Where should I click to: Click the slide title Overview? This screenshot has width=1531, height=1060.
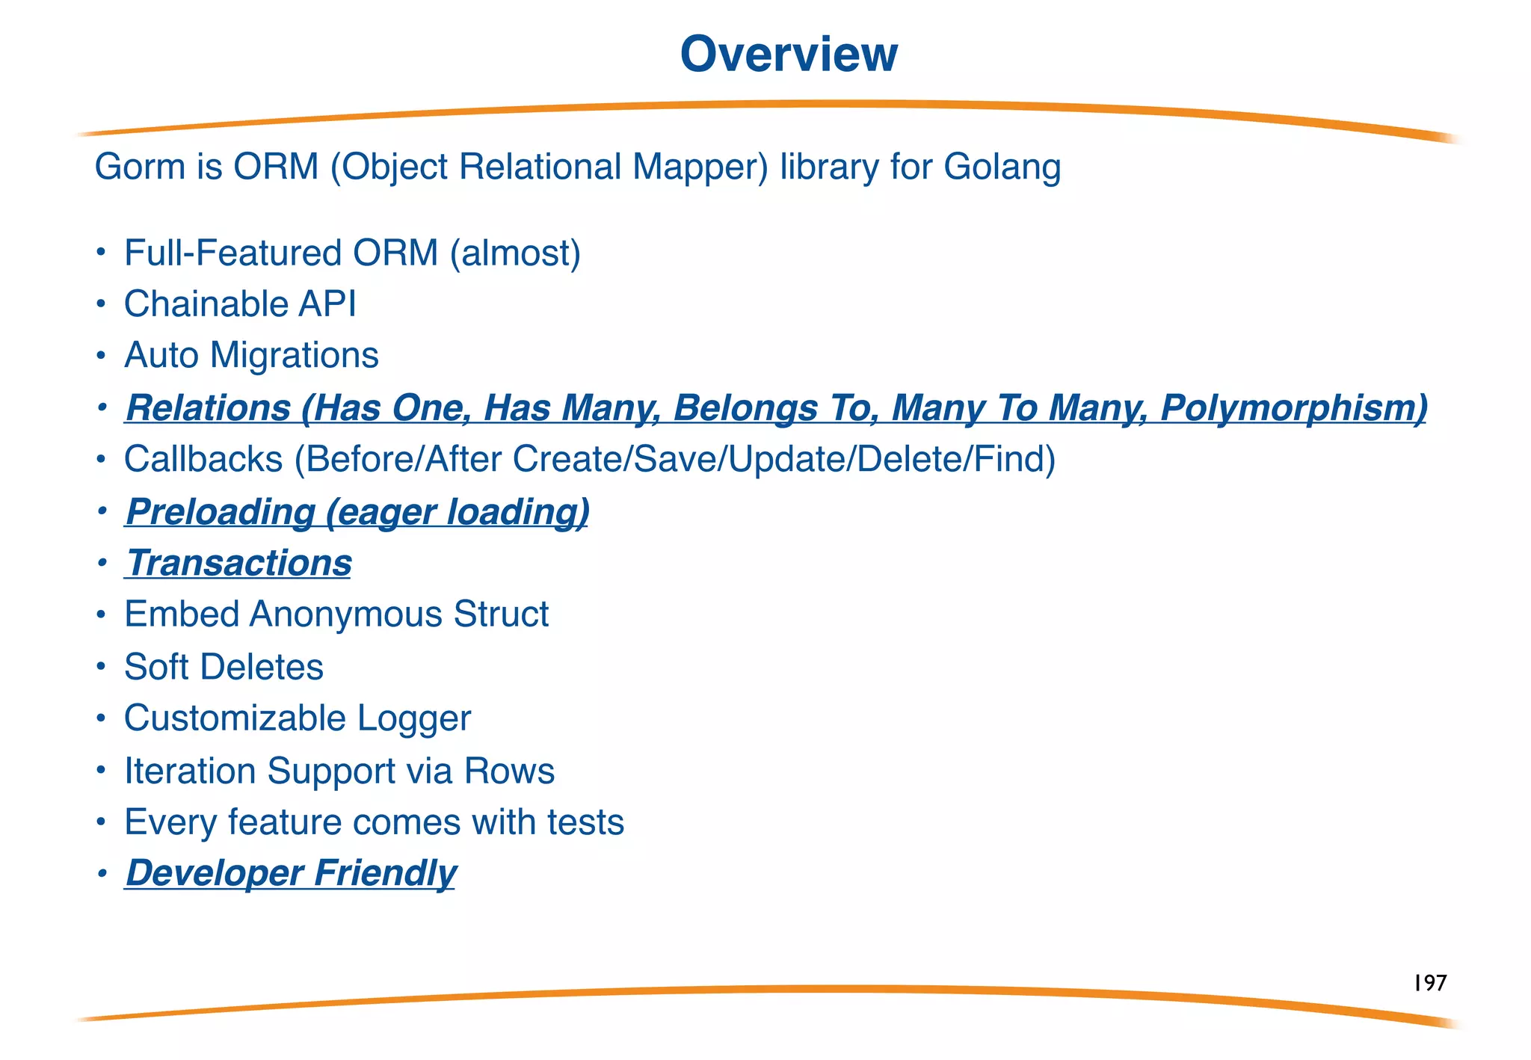[789, 55]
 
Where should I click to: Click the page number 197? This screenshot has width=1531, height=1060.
[1429, 983]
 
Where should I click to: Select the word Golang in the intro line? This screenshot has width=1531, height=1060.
[1002, 167]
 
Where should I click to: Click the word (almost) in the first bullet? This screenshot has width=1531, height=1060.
[515, 253]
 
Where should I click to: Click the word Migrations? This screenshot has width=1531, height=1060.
[294, 355]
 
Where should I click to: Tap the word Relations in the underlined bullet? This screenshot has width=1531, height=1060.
[208, 408]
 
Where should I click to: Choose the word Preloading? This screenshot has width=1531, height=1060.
[221, 512]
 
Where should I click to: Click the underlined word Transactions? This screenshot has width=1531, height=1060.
[238, 563]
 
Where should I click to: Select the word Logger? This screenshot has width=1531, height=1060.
[413, 718]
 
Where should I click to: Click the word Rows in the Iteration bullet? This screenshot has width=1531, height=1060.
[509, 771]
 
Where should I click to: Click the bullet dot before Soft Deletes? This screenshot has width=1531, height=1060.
[102, 667]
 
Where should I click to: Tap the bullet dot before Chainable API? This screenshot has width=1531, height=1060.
[102, 304]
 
